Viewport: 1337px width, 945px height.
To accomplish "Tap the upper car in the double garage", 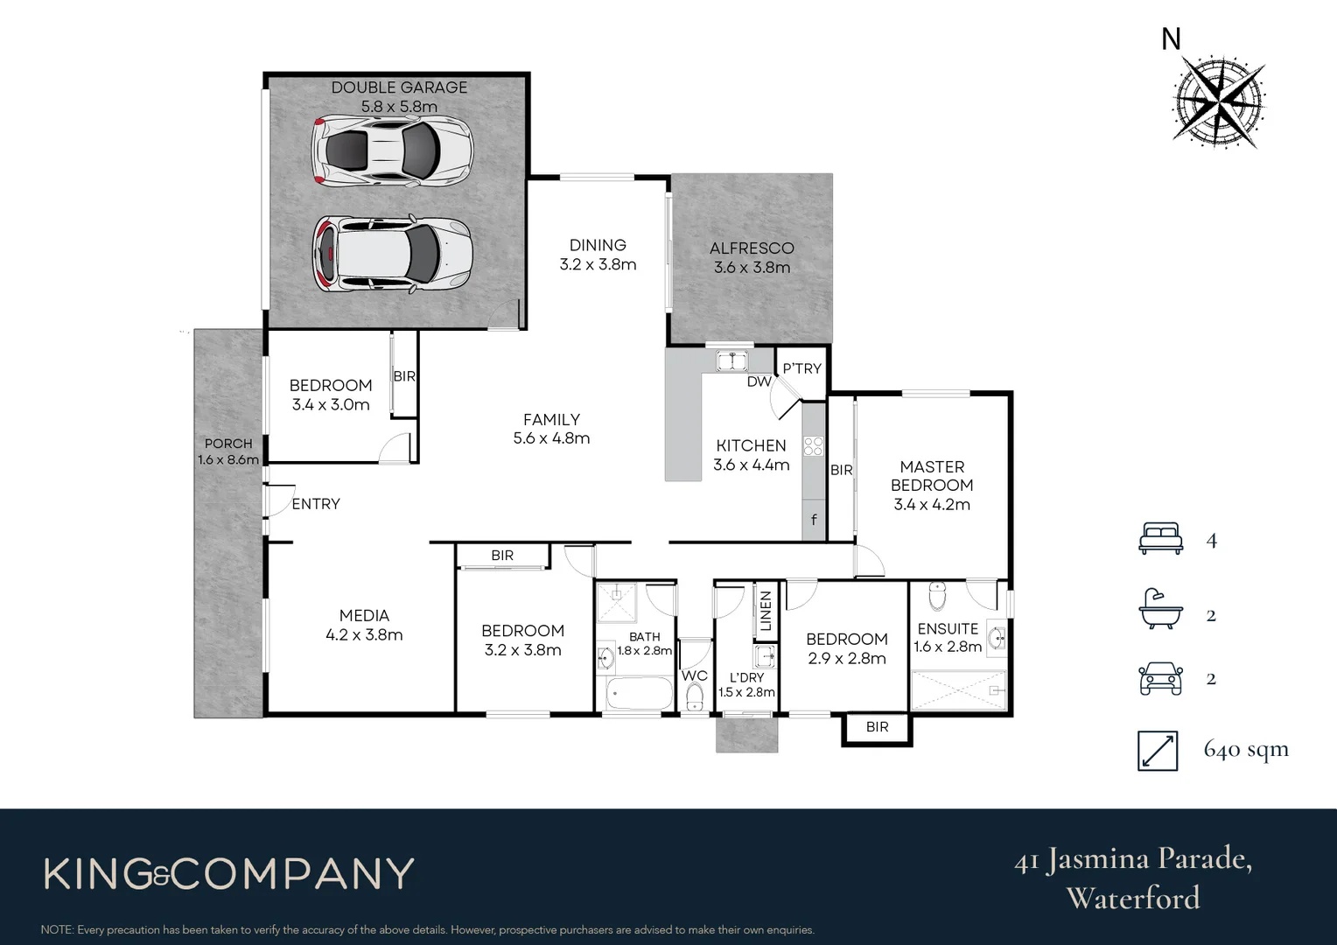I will tap(393, 151).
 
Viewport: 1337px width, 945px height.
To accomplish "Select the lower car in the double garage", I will tap(393, 254).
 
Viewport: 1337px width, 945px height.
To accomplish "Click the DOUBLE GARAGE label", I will tap(399, 87).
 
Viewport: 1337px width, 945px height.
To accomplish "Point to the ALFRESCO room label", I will tap(752, 248).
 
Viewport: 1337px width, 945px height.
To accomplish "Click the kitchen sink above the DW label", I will tap(730, 360).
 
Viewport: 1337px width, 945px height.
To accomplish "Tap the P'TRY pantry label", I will tap(801, 368).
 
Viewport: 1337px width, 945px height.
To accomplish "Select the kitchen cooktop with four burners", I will tap(813, 445).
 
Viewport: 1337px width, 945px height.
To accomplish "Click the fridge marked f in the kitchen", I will tap(814, 521).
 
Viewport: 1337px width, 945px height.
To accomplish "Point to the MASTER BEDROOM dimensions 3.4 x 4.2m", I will tap(931, 504).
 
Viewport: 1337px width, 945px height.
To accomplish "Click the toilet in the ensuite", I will tap(936, 596).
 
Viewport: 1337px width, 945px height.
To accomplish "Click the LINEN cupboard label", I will tap(766, 610).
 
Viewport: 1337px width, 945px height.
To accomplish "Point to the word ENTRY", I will tap(316, 504).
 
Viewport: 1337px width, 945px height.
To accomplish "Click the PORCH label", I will tap(228, 444).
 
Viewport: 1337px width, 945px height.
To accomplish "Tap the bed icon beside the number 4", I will tap(1160, 538).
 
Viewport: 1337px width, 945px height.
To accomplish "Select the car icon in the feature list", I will tap(1160, 678).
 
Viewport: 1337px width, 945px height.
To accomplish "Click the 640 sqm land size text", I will tap(1246, 749).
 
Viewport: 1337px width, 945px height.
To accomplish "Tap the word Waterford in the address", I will tap(1133, 898).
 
